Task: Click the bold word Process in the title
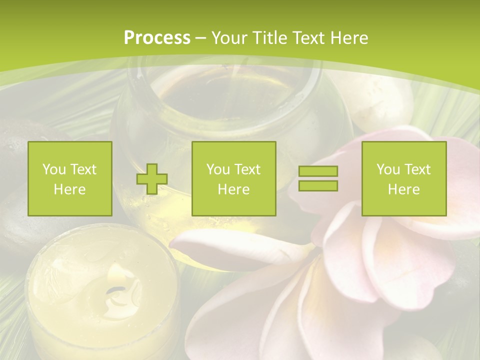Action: tap(157, 38)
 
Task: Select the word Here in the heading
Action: tap(348, 38)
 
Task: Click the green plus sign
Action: tap(152, 179)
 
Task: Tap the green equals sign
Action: tap(318, 178)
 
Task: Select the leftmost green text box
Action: tap(70, 178)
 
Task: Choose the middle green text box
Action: tap(234, 178)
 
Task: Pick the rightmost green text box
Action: tap(404, 178)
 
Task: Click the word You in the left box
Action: tap(53, 169)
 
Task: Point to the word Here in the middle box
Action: tap(234, 189)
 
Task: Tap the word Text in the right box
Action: tap(417, 169)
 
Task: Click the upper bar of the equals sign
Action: tap(318, 171)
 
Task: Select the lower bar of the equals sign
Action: tap(318, 185)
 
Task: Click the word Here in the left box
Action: tap(70, 189)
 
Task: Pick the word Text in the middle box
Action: tap(247, 169)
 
